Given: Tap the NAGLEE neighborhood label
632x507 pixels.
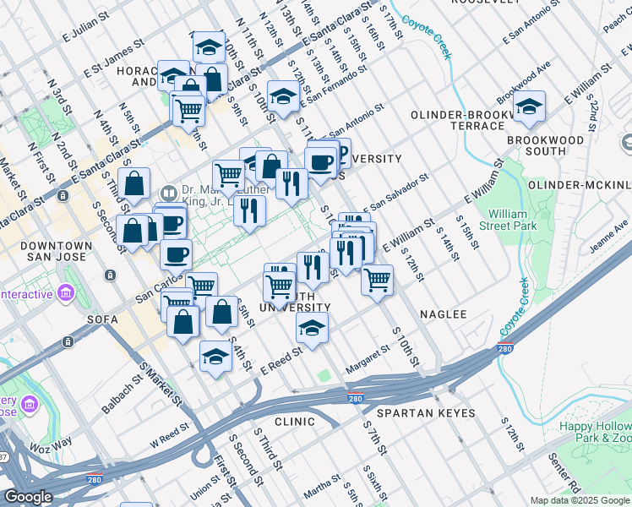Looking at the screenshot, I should click(x=443, y=314).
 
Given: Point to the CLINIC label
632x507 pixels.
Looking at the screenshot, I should click(x=294, y=421).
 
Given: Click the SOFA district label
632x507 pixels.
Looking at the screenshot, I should click(x=101, y=320).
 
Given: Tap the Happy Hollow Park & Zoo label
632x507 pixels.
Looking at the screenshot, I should click(x=595, y=432).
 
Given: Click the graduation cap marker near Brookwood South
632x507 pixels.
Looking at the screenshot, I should click(x=529, y=106).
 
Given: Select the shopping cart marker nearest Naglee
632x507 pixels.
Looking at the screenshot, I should click(x=377, y=278).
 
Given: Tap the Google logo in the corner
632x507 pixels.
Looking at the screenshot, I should click(x=28, y=497).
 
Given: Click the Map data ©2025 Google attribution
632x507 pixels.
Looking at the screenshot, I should click(x=579, y=500).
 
